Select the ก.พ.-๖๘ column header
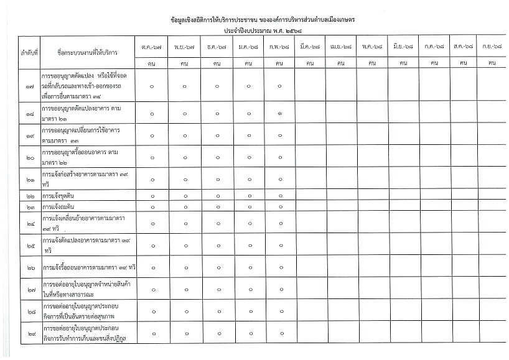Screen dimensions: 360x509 [280, 47]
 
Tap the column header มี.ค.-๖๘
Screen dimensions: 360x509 [310, 47]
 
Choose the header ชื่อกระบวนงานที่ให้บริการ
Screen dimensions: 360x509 [88, 53]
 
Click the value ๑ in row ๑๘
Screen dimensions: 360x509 [280, 113]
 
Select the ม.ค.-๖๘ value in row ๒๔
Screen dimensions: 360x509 [248, 223]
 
